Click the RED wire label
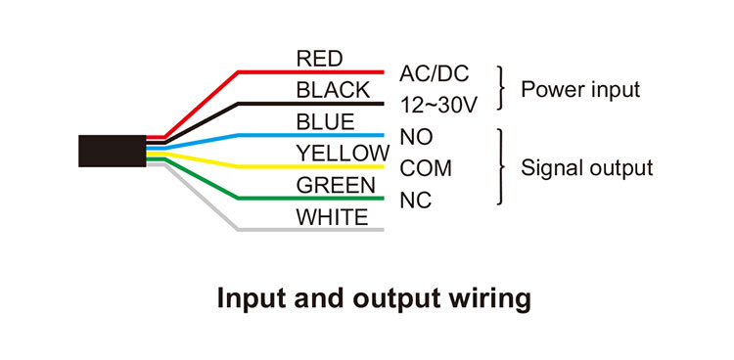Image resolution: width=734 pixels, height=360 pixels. tap(319, 58)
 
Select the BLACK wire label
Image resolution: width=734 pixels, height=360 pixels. tap(333, 90)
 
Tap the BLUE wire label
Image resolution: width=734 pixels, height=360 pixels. tap(325, 122)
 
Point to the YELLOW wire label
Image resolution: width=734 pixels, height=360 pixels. tap(343, 154)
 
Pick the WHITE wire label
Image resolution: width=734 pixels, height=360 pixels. tap(333, 217)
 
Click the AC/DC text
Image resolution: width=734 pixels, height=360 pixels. tap(435, 73)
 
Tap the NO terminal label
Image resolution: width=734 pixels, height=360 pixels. tap(416, 137)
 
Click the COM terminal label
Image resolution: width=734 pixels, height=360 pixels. tap(427, 168)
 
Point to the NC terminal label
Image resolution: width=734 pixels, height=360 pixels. tap(416, 201)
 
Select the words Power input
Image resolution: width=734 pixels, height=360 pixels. tap(579, 90)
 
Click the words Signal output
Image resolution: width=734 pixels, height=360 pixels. tap(586, 168)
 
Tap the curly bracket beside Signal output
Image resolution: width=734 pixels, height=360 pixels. tap(503, 167)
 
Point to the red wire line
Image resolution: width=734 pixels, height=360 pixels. tap(313, 71)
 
